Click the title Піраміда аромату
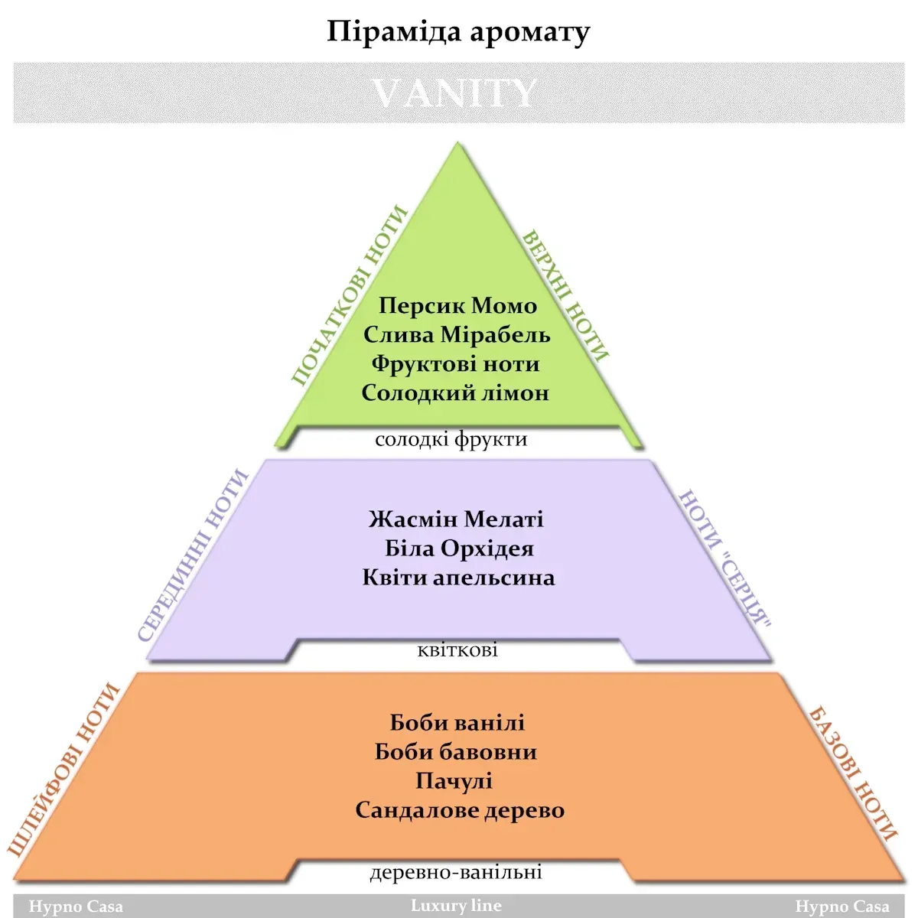click(x=458, y=32)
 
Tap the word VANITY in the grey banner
click(x=454, y=93)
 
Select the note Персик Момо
click(x=457, y=305)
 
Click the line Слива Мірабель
click(x=457, y=334)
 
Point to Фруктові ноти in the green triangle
click(x=455, y=364)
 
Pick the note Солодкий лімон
click(x=455, y=393)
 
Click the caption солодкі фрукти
click(x=451, y=439)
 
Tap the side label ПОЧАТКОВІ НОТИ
click(x=350, y=295)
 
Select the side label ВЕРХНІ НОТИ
click(x=565, y=295)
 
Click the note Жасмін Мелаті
click(x=456, y=519)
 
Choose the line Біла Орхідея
click(x=459, y=549)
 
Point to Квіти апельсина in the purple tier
click(x=458, y=578)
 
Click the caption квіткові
click(x=457, y=649)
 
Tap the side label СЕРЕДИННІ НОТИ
click(x=193, y=555)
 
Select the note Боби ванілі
click(x=457, y=723)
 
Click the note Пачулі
click(x=454, y=781)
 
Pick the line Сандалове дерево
click(x=460, y=810)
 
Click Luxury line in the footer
click(x=456, y=905)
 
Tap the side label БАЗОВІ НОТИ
click(x=852, y=774)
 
